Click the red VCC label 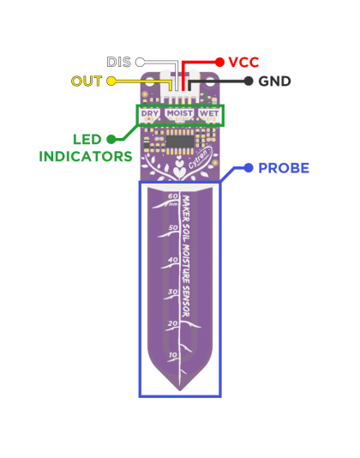click(243, 62)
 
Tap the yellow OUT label click(87, 81)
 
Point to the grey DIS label click(119, 63)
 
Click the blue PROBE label click(283, 168)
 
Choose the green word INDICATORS click(86, 156)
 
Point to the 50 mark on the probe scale click(173, 228)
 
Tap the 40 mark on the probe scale click(173, 260)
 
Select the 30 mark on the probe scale click(173, 292)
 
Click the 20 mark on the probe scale click(173, 323)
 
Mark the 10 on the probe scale click(173, 355)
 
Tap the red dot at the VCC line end click(219, 62)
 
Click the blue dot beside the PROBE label click(249, 168)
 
